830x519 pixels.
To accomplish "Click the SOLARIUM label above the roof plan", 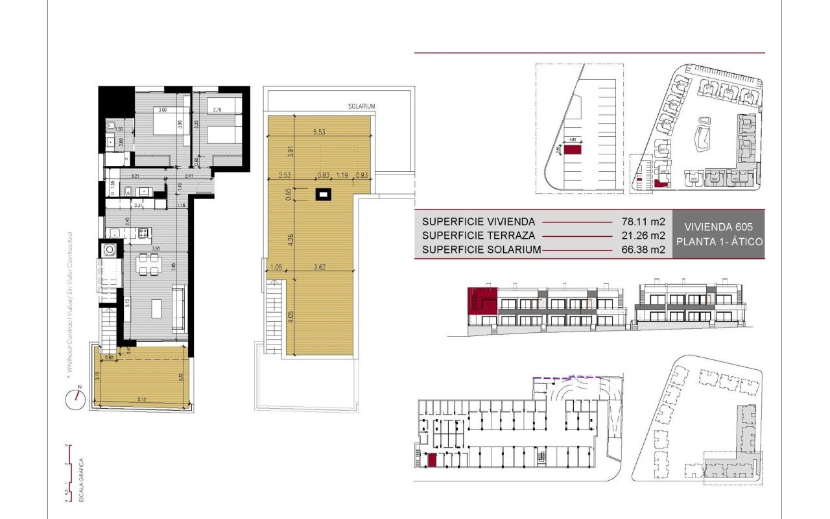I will pyautogui.click(x=361, y=106).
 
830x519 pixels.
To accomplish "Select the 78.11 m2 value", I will pyautogui.click(x=641, y=221).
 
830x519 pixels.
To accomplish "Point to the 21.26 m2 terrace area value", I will pyautogui.click(x=641, y=235).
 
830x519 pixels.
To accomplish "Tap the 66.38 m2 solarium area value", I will pyautogui.click(x=641, y=249).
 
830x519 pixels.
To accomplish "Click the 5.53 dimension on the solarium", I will pyautogui.click(x=318, y=132).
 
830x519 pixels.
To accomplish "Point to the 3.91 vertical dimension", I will pyautogui.click(x=290, y=152).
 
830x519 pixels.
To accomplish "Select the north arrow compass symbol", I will pyautogui.click(x=73, y=398).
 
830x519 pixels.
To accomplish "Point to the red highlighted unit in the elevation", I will pyautogui.click(x=482, y=300).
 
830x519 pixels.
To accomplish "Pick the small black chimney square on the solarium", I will pyautogui.click(x=322, y=193).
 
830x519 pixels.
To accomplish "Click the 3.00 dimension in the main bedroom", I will pyautogui.click(x=163, y=110).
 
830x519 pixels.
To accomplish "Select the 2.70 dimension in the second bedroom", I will pyautogui.click(x=218, y=110).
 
